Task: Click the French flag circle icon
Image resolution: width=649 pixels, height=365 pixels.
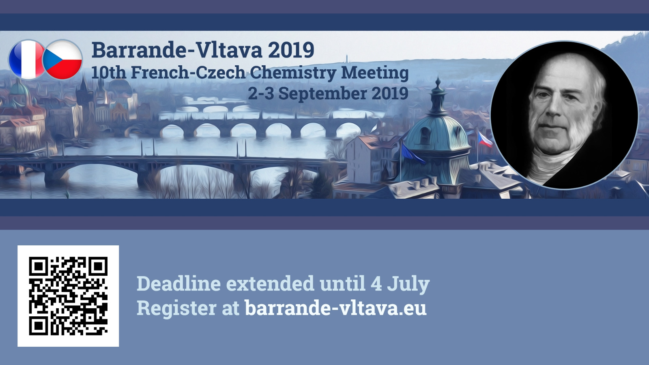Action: pos(27,60)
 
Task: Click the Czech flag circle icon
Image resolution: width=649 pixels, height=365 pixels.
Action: pos(62,60)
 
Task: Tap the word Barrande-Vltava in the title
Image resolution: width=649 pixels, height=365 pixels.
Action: pos(177,50)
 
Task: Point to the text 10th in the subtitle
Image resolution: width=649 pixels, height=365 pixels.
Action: pos(109,73)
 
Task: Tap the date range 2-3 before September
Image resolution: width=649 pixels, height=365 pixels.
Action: pos(261,94)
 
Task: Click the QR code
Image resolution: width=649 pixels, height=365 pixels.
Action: pos(68,296)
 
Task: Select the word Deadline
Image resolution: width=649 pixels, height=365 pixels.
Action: pos(178,283)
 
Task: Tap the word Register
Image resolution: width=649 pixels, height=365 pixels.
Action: pos(176,308)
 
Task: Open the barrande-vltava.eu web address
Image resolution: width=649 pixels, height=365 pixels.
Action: pos(335,308)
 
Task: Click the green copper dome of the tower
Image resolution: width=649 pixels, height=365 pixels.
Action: pos(438,134)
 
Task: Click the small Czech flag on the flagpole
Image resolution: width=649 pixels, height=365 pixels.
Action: pos(484,140)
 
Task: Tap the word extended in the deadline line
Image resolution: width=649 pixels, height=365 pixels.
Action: pos(270,283)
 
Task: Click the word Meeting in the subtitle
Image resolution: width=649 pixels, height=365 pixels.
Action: pos(375,73)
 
